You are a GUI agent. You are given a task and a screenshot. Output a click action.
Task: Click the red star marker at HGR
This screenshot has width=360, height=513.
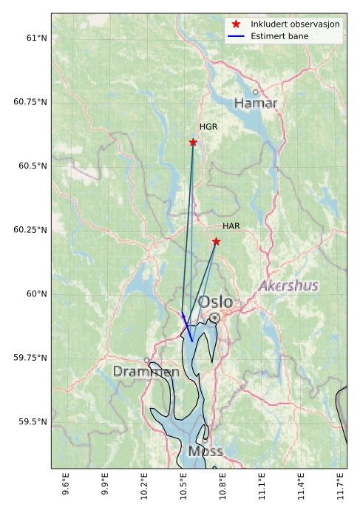[193, 142]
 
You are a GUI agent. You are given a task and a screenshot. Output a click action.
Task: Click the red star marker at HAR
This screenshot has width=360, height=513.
[216, 242]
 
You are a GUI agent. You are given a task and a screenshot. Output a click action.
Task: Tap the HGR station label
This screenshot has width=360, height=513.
[208, 127]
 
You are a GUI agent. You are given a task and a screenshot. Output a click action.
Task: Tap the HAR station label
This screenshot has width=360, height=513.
[231, 226]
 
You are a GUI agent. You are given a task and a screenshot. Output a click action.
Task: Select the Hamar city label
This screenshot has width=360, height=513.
[256, 103]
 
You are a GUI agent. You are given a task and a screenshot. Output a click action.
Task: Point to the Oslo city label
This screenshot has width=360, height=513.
[215, 302]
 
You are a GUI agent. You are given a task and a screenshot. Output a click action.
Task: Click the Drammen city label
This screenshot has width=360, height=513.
[146, 372]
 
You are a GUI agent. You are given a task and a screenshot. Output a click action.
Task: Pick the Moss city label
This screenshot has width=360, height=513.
[205, 451]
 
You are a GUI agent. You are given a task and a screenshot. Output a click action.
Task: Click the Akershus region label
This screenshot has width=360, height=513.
[288, 285]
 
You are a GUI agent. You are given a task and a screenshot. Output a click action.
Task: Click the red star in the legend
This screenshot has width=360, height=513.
[236, 24]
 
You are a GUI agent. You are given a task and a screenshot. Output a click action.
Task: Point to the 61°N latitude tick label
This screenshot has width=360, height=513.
[32, 38]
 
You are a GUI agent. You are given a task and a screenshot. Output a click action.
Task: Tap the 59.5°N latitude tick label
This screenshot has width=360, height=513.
[31, 422]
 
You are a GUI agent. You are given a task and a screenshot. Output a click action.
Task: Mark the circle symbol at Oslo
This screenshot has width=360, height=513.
[214, 318]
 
